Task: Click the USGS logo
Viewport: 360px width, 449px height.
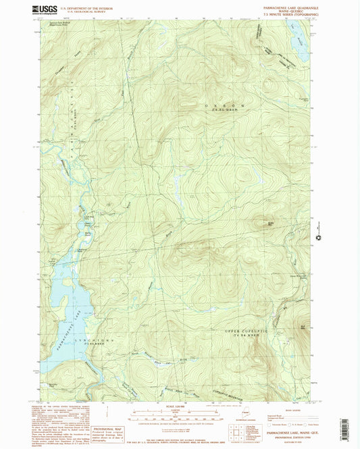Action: tap(47, 9)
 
